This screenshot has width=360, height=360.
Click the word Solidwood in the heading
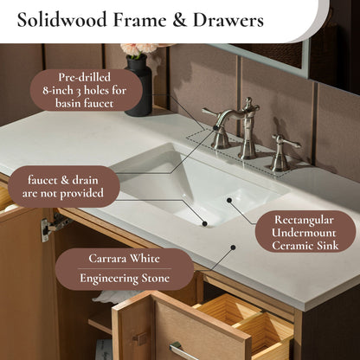tap(61, 20)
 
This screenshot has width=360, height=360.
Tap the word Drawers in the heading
tap(228, 20)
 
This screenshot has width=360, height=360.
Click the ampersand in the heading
tap(179, 20)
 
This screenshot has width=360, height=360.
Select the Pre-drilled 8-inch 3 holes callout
tap(87, 90)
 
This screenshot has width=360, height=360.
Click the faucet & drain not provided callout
tap(64, 187)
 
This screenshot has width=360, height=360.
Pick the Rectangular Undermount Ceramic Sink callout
tap(305, 232)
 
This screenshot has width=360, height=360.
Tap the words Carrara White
tap(124, 258)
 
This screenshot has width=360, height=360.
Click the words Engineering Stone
tap(125, 279)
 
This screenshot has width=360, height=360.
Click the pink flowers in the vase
tap(139, 49)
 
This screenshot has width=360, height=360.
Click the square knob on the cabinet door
tap(140, 339)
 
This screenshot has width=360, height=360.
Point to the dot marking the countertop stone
tap(233, 247)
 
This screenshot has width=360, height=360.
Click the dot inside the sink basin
tap(229, 200)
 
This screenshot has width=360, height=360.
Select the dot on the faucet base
tap(215, 127)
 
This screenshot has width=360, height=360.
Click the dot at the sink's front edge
tap(204, 223)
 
